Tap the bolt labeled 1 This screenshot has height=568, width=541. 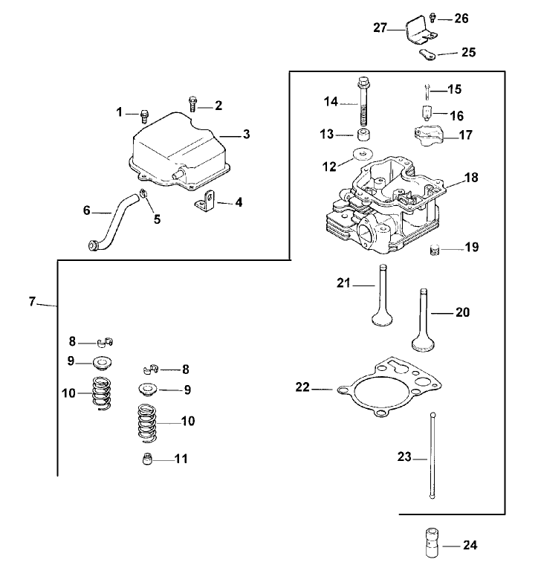coord(145,115)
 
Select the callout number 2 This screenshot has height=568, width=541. coord(218,106)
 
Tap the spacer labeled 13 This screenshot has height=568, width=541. coord(364,136)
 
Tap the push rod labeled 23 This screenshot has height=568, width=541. coord(431,456)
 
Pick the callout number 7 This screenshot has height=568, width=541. coord(32,301)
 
